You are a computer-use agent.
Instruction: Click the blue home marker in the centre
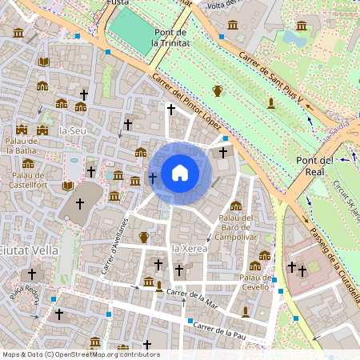click(179, 172)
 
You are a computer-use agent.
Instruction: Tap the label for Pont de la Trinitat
click(169, 37)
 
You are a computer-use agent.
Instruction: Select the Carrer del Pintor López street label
click(187, 99)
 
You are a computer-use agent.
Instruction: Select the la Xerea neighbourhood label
click(190, 250)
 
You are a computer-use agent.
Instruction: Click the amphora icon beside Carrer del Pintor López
click(217, 90)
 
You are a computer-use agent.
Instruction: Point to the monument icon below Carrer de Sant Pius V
click(271, 102)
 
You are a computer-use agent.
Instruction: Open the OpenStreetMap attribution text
click(80, 354)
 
